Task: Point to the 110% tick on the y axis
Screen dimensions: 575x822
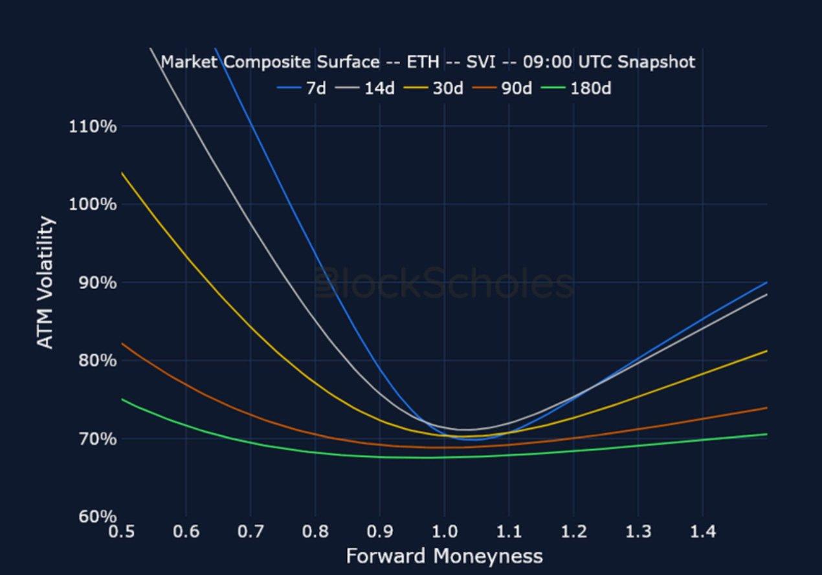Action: (93, 126)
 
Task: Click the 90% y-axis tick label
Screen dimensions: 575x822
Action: (93, 283)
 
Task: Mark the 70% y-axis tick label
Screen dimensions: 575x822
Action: (93, 439)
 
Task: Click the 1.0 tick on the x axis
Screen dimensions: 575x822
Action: (444, 532)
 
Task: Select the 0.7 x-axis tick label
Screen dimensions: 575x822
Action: (250, 532)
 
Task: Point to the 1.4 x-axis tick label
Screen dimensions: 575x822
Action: (703, 532)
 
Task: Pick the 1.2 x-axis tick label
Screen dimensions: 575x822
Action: (573, 532)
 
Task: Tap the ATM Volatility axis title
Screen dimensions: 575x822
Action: (45, 283)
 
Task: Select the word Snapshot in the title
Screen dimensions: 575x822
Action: (656, 62)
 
